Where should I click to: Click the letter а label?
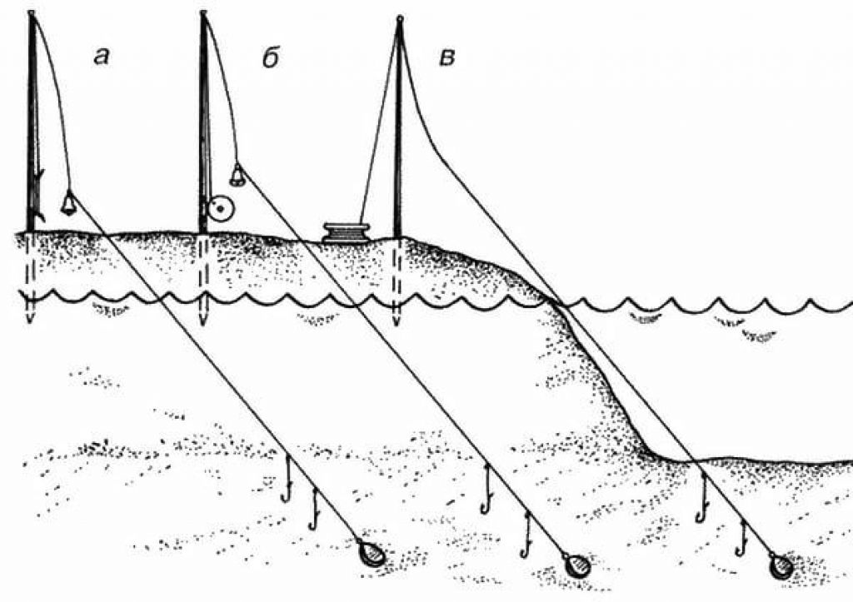[102, 57]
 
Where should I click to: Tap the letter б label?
[269, 57]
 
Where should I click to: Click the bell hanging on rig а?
[69, 202]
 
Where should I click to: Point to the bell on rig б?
[237, 175]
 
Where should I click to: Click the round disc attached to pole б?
[221, 208]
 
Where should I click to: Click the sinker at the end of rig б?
[576, 566]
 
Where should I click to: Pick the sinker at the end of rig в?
[781, 566]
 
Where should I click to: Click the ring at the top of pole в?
[399, 18]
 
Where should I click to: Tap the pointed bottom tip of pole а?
[29, 320]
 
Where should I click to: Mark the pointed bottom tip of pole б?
[202, 321]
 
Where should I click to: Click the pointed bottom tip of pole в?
[397, 322]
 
